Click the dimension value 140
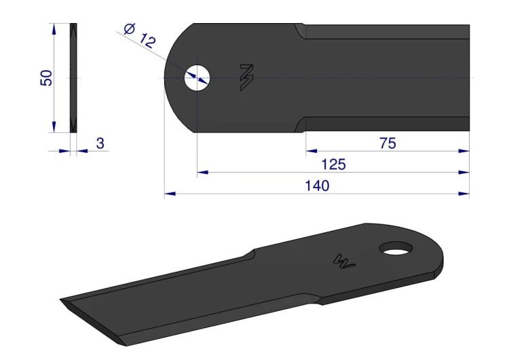pyautogui.click(x=317, y=186)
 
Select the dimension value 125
pyautogui.click(x=333, y=164)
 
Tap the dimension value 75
pyautogui.click(x=388, y=143)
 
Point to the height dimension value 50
pyautogui.click(x=46, y=78)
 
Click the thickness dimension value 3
pyautogui.click(x=100, y=143)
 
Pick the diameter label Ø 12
pyautogui.click(x=140, y=36)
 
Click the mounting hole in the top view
pyautogui.click(x=197, y=78)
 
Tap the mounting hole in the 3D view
pyautogui.click(x=396, y=249)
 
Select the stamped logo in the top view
pyautogui.click(x=247, y=77)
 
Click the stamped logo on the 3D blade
pyautogui.click(x=344, y=261)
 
